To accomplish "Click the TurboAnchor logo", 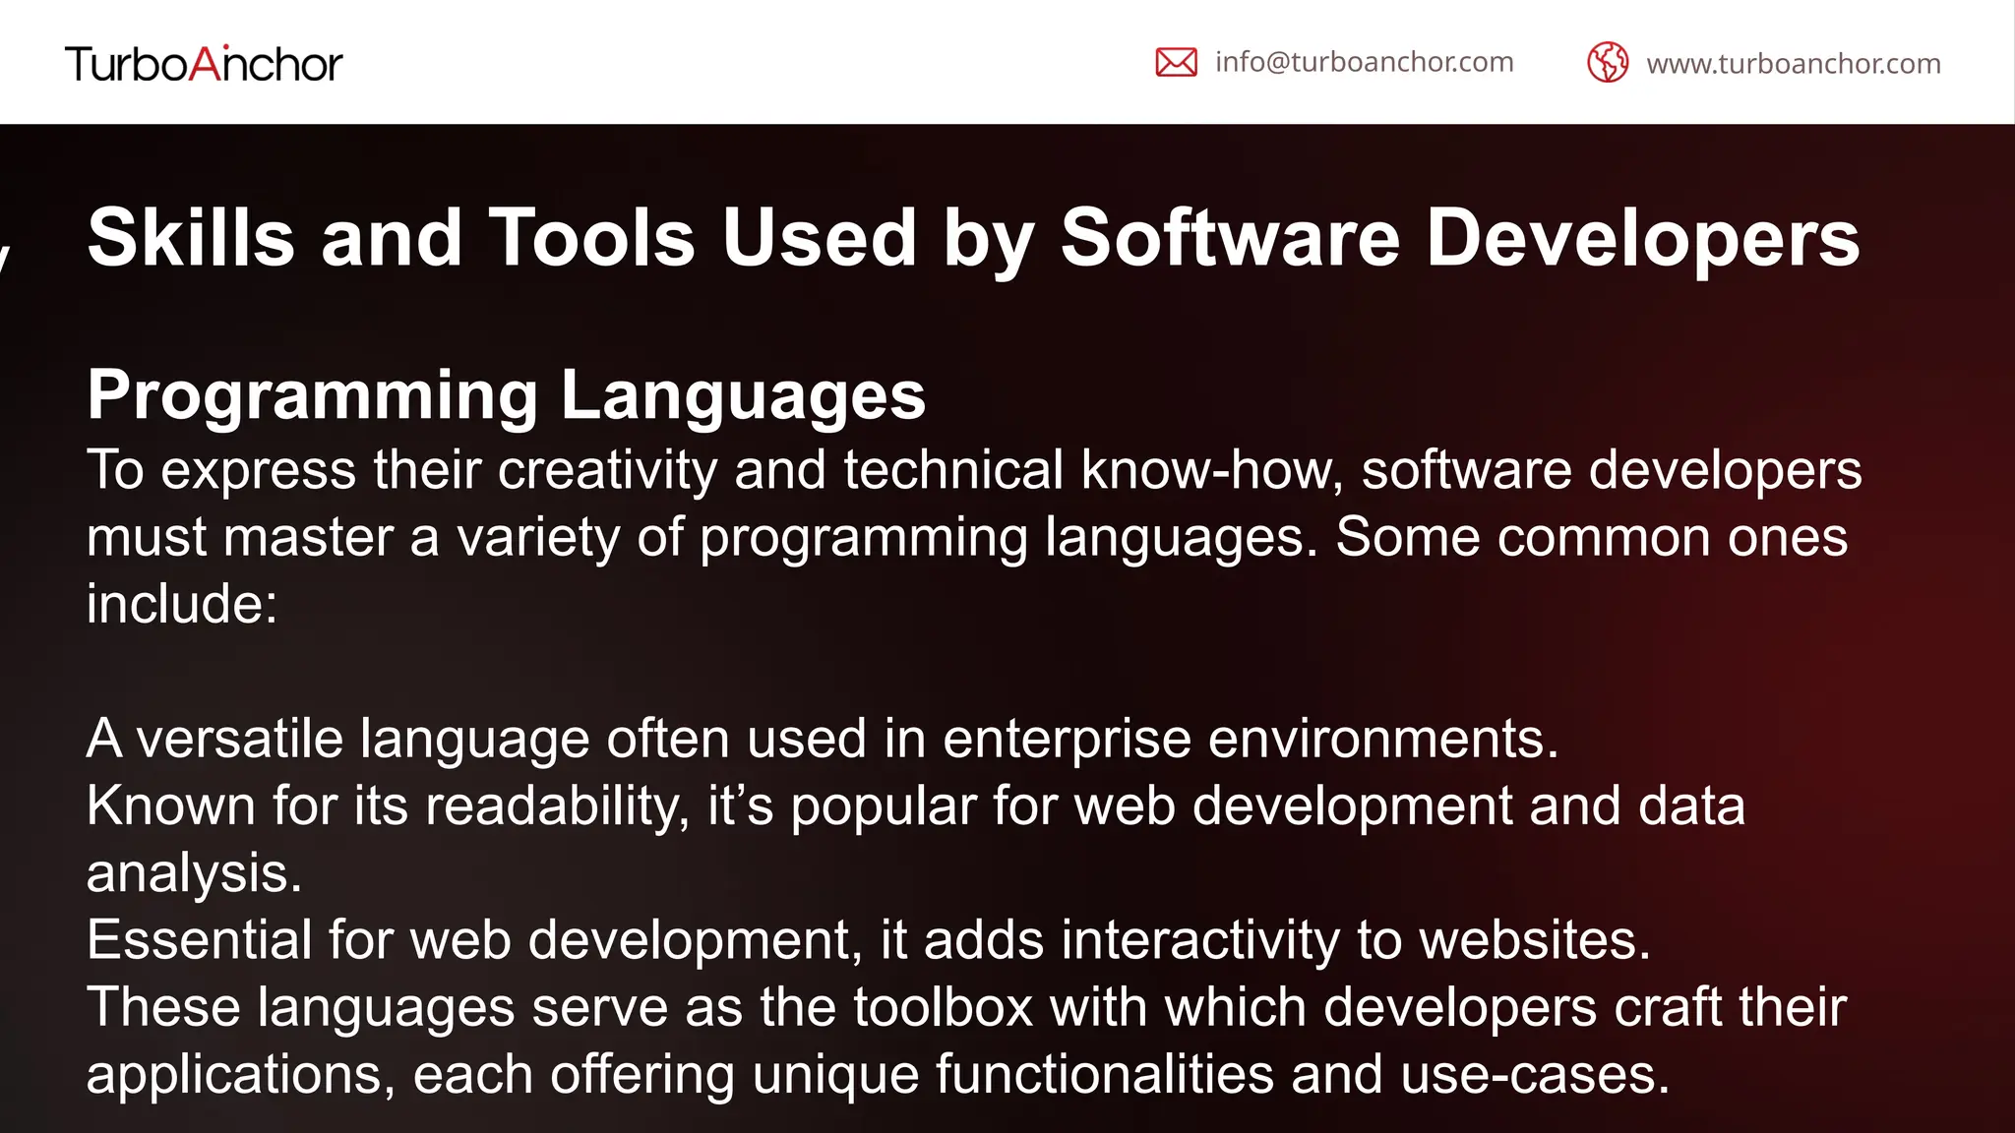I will [204, 64].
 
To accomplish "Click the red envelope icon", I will [1176, 63].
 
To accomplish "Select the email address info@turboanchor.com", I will [1364, 62].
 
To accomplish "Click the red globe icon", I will [1608, 63].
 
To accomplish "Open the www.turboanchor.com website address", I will [1793, 64].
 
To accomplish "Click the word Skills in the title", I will [191, 238].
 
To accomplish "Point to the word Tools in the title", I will [592, 238].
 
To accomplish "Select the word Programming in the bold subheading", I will [312, 395].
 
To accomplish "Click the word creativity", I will [607, 470].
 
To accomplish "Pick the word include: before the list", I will [182, 604].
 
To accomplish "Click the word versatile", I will [239, 739].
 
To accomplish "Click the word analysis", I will [194, 873].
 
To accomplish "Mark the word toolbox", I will [943, 1008].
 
